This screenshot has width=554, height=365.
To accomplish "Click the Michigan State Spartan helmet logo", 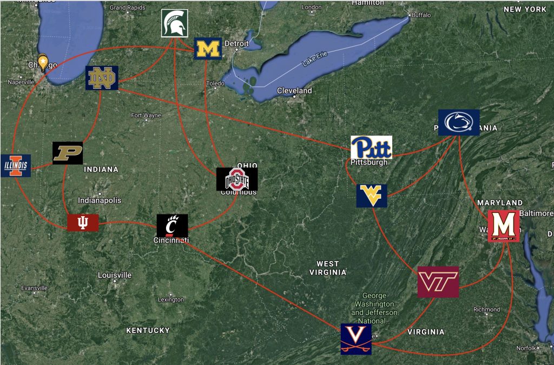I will pos(175,23).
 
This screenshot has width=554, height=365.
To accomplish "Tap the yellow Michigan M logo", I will pos(208,48).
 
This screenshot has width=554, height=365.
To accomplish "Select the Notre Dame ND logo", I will pos(102,78).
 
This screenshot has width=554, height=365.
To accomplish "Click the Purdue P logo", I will pos(68,153).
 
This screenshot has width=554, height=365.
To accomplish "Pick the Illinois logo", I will pos(15,166).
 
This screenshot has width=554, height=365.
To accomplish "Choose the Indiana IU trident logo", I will pos(83,223).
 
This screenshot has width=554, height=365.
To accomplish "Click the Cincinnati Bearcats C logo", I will pos(172,225).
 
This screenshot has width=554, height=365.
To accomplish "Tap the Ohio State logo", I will pos(237,179).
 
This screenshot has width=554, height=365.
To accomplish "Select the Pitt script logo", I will pos(371,147).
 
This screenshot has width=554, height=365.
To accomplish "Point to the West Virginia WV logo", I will pos(372,195).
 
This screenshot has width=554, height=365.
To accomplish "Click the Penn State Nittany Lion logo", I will pos(459,122).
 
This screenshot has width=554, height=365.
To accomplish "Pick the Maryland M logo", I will pos(503,226).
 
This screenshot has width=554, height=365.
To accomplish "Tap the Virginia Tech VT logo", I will pos(438,282).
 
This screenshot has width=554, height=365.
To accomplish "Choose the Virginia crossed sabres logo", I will pos(356,338).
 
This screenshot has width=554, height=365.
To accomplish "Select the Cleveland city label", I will pos(294,90).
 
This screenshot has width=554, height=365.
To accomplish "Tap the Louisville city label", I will pos(115,275).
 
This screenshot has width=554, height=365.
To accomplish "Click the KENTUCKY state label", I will pos(148,330).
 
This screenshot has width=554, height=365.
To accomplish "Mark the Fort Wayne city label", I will pos(146,115).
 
